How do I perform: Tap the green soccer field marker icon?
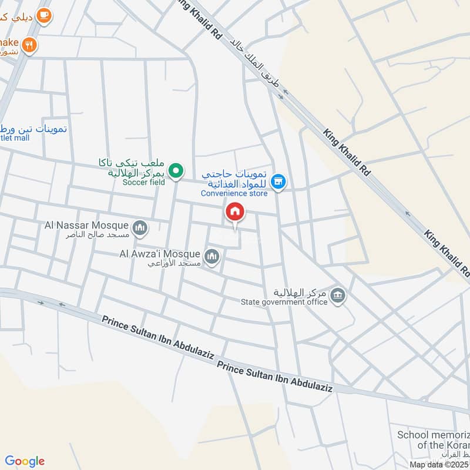tap(175, 171)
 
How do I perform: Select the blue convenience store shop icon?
tap(279, 183)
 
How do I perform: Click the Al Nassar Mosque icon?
tap(140, 227)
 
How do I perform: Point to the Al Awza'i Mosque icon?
tap(212, 256)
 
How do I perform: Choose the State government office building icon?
tap(338, 295)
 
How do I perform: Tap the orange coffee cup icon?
tap(43, 16)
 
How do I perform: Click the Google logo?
tap(25, 461)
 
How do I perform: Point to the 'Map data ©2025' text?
tap(439, 465)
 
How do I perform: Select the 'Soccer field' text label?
tap(144, 182)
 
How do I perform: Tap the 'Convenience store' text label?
tap(234, 193)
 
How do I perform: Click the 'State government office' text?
tap(284, 303)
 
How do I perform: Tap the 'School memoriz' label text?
tap(434, 435)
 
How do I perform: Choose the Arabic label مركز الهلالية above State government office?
tap(300, 292)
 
